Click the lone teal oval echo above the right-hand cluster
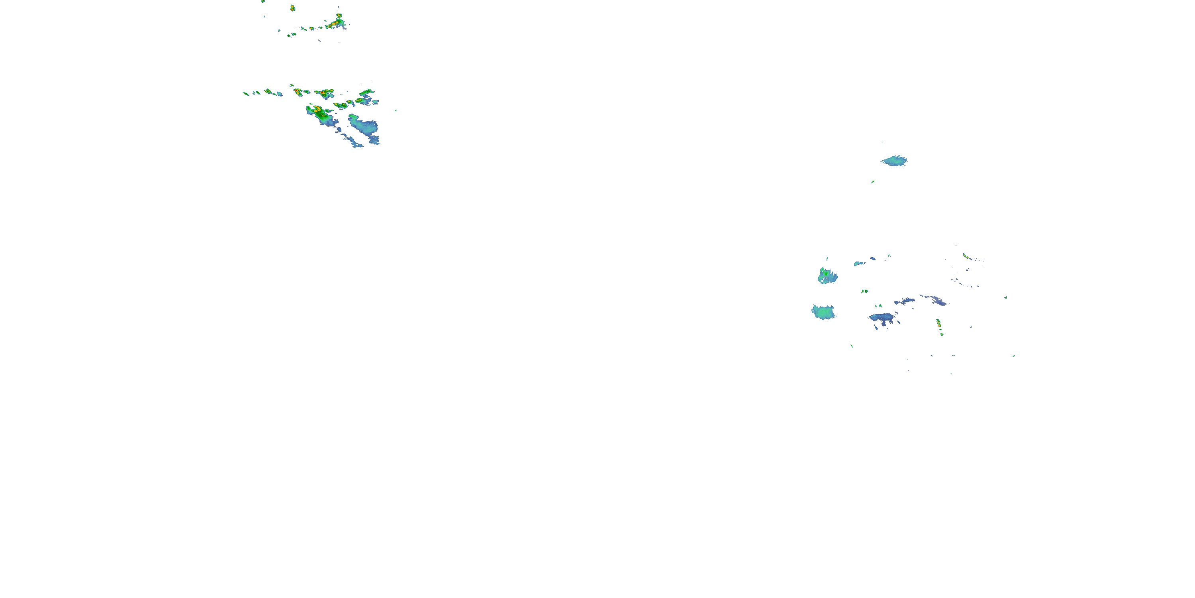(x=894, y=161)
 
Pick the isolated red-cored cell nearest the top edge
(x=292, y=8)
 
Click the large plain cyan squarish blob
(x=823, y=312)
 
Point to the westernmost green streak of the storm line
(x=245, y=93)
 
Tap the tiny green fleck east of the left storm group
(x=396, y=110)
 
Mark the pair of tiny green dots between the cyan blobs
(x=864, y=291)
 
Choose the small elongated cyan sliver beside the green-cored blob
(x=859, y=263)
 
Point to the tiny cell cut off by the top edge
(x=263, y=1)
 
